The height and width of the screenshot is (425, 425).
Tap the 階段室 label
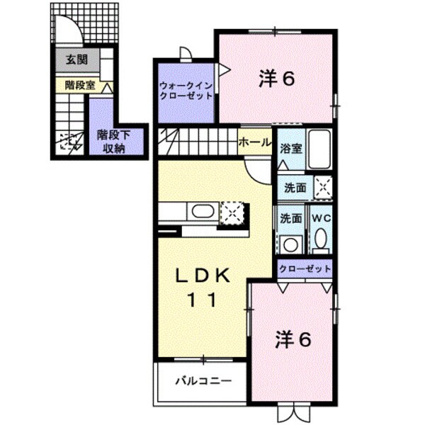click(79, 85)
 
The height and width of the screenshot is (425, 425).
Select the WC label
click(321, 217)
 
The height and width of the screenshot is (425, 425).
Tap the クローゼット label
click(304, 268)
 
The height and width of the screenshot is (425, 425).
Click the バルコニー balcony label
click(203, 381)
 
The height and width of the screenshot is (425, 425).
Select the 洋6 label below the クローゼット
click(293, 340)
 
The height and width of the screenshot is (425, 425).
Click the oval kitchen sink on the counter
click(200, 211)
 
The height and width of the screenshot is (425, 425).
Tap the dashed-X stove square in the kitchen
click(232, 211)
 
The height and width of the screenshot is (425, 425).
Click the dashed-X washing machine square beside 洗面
click(322, 187)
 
